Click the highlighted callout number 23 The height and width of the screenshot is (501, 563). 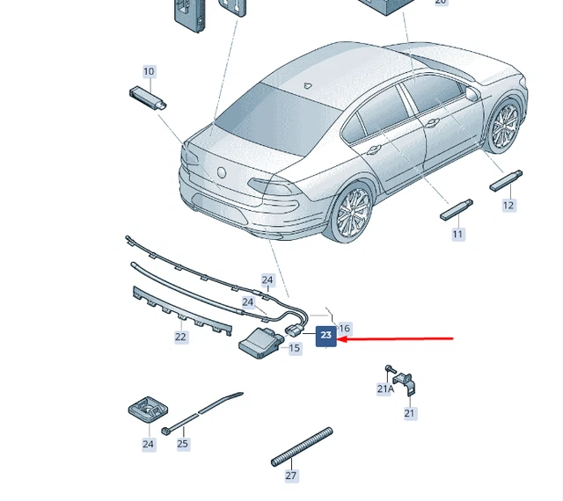pos(326,336)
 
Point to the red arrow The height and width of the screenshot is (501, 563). pos(395,338)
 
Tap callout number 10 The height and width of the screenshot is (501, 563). pos(149,71)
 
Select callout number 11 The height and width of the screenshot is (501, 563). pos(457,235)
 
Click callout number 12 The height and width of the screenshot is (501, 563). pos(508,206)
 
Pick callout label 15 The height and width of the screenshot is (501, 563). pos(294,348)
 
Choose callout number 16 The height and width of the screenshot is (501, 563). pos(344,328)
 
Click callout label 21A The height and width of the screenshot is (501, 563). pos(385,388)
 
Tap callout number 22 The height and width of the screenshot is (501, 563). pos(180,337)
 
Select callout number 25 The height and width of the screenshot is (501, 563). pos(183,444)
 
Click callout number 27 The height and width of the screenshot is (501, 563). pos(291,476)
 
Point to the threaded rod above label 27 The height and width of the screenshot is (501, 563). pos(302,447)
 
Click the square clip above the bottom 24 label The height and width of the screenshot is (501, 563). pos(148,410)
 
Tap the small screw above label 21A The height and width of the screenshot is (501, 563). pos(391,368)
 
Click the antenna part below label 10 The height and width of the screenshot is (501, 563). pos(148,98)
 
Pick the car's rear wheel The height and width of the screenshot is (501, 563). pos(353,212)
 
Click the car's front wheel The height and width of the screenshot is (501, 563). pos(504,124)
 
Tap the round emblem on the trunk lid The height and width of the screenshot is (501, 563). pos(222,172)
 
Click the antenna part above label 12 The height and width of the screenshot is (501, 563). pos(506,180)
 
